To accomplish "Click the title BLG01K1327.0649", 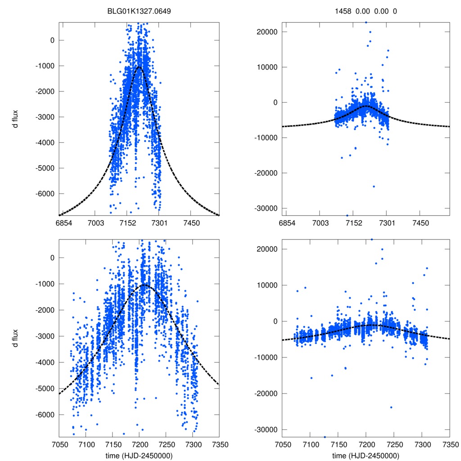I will point(139,11).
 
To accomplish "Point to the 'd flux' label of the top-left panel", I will point(15,118).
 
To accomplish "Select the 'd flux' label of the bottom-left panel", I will point(15,336).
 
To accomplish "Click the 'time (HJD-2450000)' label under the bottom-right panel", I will point(366,456).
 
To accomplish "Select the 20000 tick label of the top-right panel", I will point(267,32).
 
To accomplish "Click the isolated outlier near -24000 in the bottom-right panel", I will point(391,407).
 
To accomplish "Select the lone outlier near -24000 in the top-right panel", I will point(374,186).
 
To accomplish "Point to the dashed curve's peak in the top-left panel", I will point(140,67).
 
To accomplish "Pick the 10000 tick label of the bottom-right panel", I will point(267,285).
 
